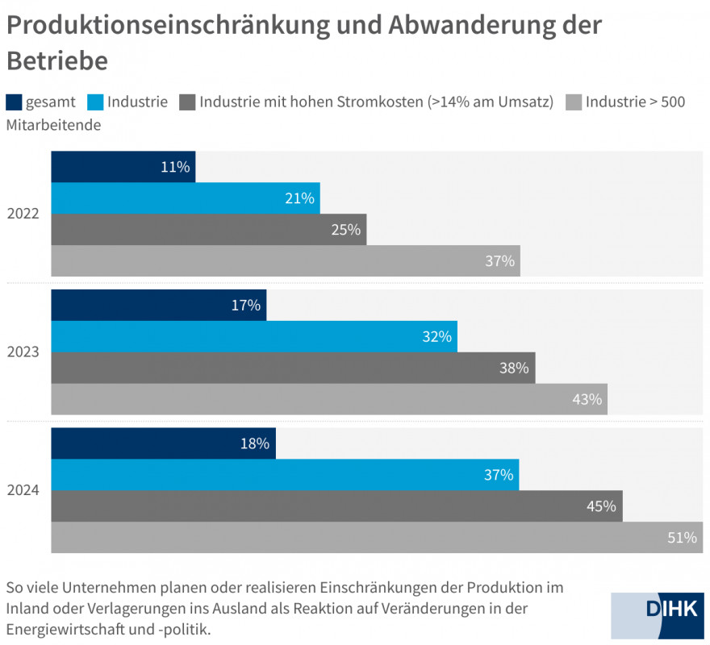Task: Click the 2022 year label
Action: (23, 214)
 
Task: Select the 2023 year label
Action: (23, 352)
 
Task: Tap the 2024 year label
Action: (23, 490)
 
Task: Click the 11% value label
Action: (175, 167)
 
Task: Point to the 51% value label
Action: (682, 537)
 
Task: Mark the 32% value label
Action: (436, 336)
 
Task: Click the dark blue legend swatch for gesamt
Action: (14, 102)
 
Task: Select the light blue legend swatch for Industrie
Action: (95, 102)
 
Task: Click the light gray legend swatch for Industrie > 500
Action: (574, 102)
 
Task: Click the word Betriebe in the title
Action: (56, 60)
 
